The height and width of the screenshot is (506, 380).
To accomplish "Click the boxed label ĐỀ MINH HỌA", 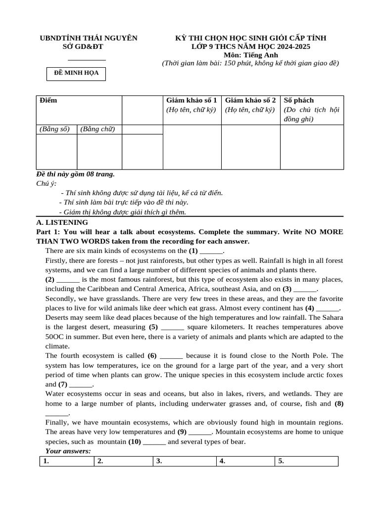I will click(x=76, y=73).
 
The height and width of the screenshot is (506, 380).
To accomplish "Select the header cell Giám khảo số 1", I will click(x=191, y=100).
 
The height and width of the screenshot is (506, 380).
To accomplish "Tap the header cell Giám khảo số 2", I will click(x=250, y=100).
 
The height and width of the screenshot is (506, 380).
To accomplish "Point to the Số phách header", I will click(x=299, y=100).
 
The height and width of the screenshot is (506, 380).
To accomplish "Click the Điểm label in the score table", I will click(x=48, y=100).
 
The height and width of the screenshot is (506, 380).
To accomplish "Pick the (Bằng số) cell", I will click(x=55, y=129).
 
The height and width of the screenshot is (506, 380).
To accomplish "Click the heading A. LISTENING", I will click(x=62, y=223).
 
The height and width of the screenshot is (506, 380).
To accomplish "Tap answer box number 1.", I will click(x=65, y=462).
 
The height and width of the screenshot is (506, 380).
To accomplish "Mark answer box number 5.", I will click(x=306, y=462).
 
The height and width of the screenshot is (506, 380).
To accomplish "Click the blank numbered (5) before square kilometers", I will click(x=173, y=327).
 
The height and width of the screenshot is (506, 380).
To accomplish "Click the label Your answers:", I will click(x=68, y=451).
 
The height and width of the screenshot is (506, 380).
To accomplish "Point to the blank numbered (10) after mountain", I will click(x=154, y=442).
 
